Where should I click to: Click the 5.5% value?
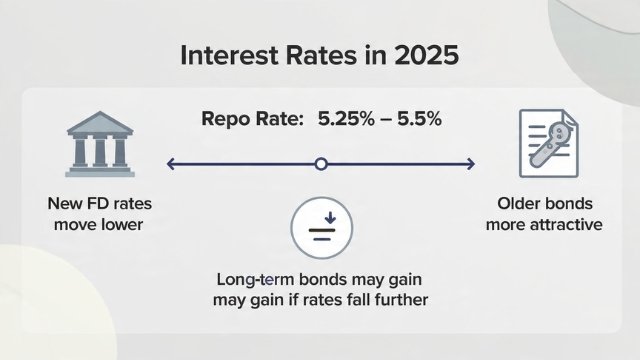[x=419, y=120]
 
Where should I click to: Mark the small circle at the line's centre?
[x=320, y=163]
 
